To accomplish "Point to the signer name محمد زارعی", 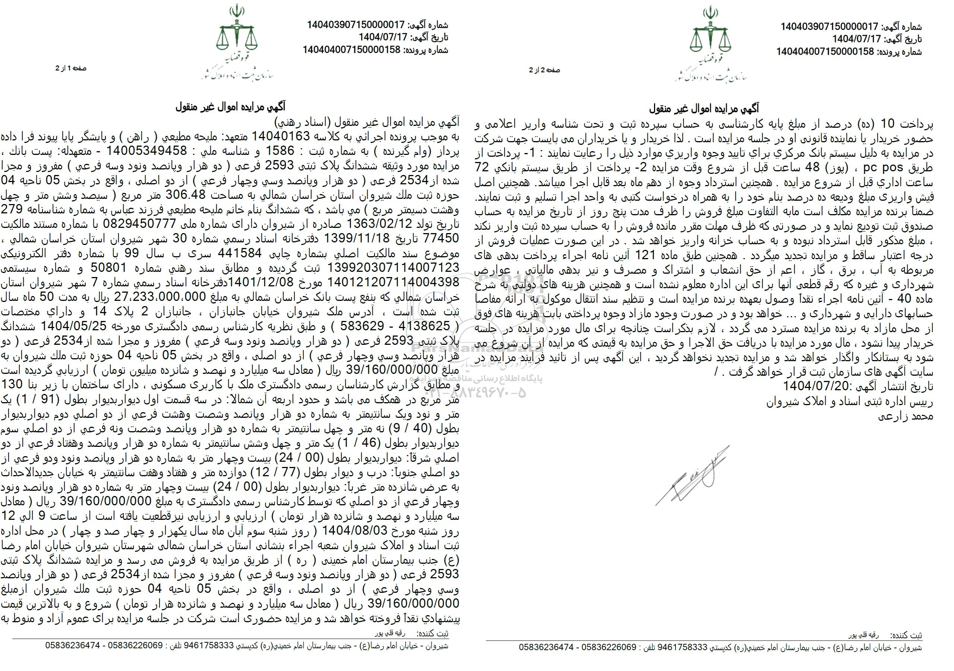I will coord(908,418).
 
